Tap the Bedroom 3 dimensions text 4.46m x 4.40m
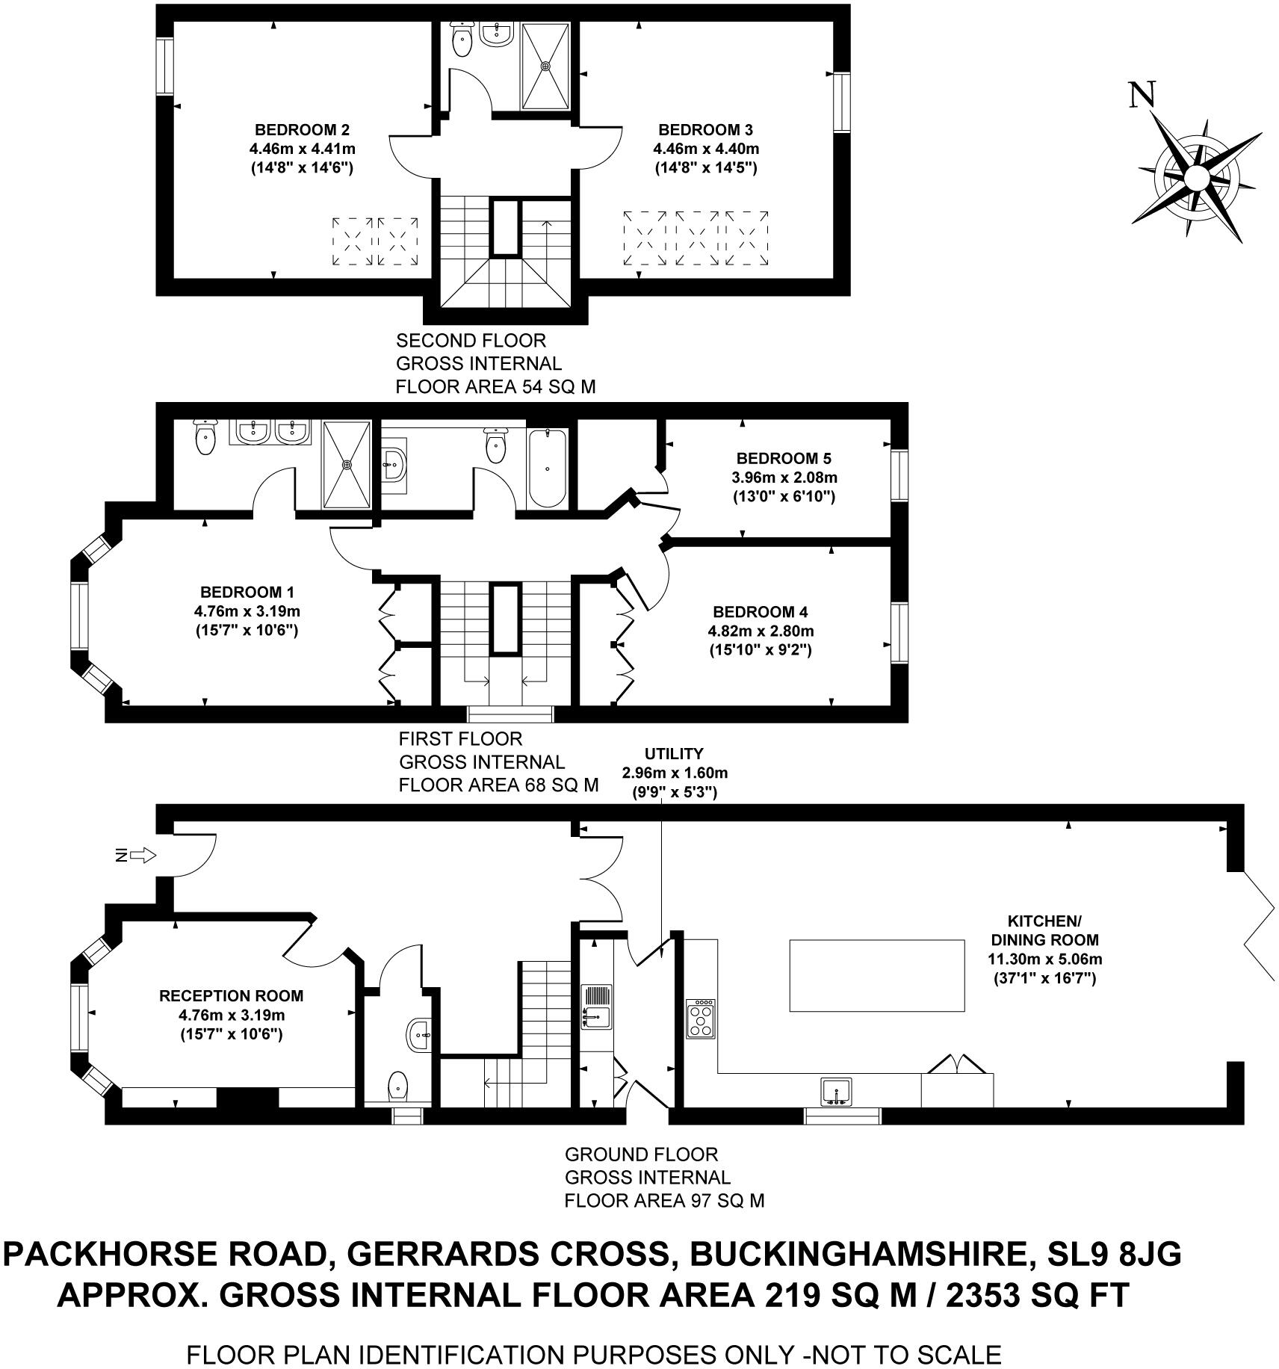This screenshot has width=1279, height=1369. coord(705,149)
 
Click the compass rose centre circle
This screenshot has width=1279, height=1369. coord(1196,179)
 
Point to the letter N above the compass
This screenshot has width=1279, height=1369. coord(1142,96)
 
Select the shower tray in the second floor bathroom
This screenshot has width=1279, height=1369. coord(545,66)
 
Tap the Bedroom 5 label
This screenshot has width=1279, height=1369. coord(784,458)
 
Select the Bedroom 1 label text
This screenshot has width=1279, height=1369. coord(247,593)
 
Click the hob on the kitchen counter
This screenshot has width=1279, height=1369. coord(701,1019)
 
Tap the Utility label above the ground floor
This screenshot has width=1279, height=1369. coord(674,753)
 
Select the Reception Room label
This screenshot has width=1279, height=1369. coord(231,996)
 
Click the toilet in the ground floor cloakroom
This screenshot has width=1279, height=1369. coord(398,1084)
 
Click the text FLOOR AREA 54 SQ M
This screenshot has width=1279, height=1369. coord(495,387)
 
